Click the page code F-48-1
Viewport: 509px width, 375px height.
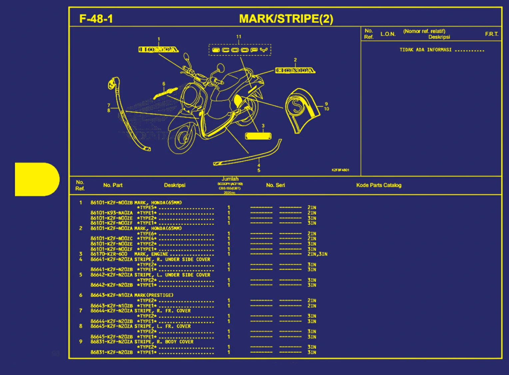pos(96,19)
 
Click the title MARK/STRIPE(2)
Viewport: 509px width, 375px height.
pos(286,19)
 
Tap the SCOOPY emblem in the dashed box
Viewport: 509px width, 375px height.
pos(240,50)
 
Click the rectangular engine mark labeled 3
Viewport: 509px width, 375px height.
pos(258,136)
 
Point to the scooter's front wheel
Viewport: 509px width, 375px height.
pos(182,138)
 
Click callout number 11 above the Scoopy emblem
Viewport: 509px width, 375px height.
pos(239,37)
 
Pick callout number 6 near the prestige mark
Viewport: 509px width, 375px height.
pos(164,84)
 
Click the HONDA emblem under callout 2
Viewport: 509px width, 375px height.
pos(295,70)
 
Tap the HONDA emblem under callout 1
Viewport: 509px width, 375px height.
pos(159,50)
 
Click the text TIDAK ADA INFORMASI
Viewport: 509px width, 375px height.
pos(425,50)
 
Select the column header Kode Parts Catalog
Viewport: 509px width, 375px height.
pos(379,185)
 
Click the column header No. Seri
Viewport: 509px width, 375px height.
pos(275,185)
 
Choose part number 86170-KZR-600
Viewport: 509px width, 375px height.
pos(109,254)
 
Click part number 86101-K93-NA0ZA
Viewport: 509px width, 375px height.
pos(111,213)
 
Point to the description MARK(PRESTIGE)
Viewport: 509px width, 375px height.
pos(154,295)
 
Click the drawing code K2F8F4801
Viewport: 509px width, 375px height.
pos(340,170)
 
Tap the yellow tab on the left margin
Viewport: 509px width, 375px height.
pos(37,179)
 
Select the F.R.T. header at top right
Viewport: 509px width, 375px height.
pos(491,34)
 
